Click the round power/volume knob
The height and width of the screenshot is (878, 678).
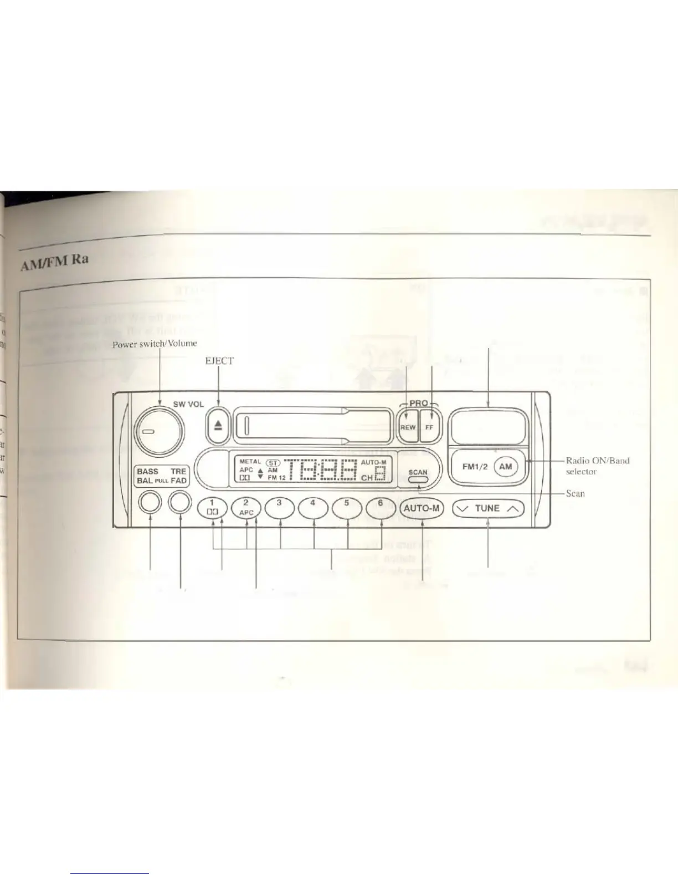[x=159, y=431]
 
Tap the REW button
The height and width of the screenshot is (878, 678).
[x=408, y=427]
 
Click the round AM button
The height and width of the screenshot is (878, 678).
[x=505, y=466]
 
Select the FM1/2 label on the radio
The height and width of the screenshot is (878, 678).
[x=475, y=467]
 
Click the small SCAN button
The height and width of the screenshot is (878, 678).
[x=418, y=480]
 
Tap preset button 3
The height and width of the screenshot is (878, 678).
[x=280, y=508]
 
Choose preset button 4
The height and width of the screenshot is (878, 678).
[x=313, y=508]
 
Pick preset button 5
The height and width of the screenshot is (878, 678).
[x=347, y=508]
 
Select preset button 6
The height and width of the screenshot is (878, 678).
[x=381, y=508]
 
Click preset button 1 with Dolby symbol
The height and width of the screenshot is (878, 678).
[x=212, y=508]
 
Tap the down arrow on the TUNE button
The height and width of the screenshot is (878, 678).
[x=464, y=508]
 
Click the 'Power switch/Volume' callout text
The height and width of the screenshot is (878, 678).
[x=155, y=344]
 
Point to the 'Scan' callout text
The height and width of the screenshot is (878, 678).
[x=575, y=493]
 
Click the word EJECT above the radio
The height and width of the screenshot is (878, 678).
[x=219, y=361]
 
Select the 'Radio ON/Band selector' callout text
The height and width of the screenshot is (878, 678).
[x=597, y=466]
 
